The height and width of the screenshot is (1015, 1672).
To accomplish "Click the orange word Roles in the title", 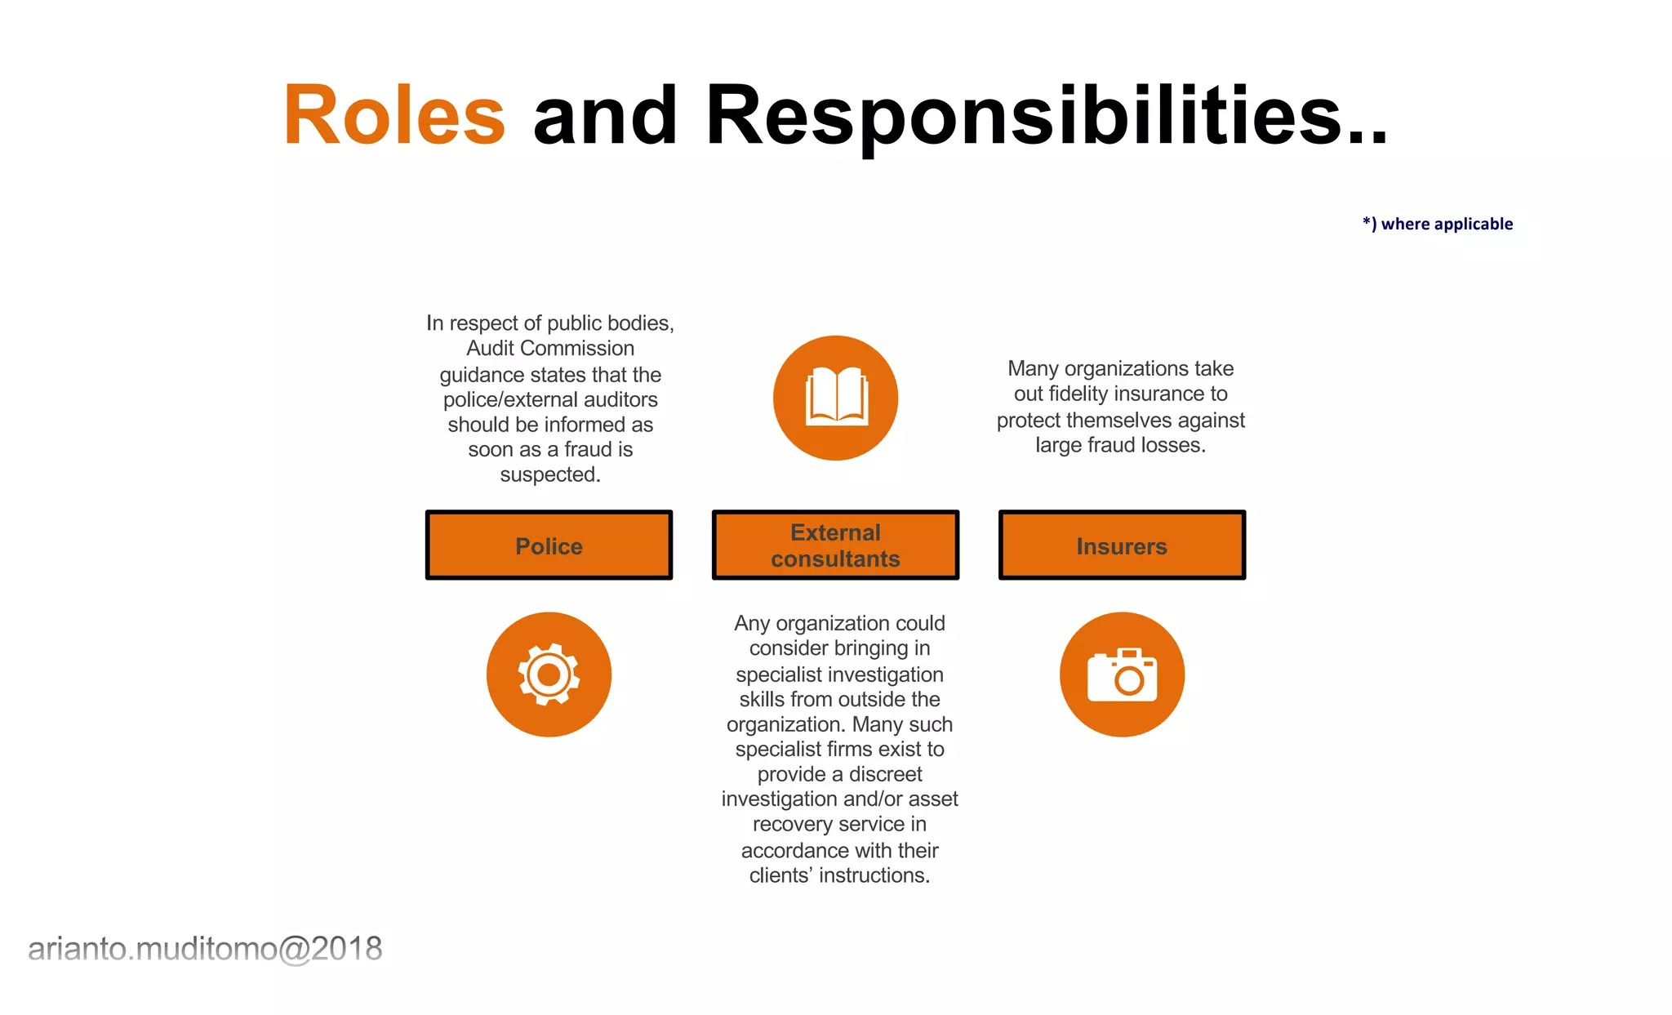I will tap(394, 116).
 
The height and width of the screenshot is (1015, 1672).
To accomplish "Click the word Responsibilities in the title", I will tap(1024, 116).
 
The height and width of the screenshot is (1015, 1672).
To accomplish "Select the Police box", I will tap(549, 545).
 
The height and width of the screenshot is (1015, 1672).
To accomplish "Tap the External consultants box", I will tap(835, 545).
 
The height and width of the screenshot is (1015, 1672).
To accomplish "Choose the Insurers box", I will tap(1122, 545).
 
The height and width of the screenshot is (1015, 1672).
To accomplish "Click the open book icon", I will tap(836, 398).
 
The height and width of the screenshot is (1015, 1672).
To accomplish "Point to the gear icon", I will tap(549, 674).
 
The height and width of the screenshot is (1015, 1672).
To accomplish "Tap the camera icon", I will tap(1122, 674).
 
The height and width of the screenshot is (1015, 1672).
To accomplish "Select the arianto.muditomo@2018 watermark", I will tap(205, 949).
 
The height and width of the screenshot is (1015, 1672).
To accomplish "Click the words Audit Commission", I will tap(550, 349).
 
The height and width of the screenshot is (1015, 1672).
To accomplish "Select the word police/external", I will tap(509, 400).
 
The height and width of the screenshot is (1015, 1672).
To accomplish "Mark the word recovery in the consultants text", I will tap(788, 825).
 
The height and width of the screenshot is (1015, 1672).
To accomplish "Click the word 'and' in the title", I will tap(604, 116).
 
